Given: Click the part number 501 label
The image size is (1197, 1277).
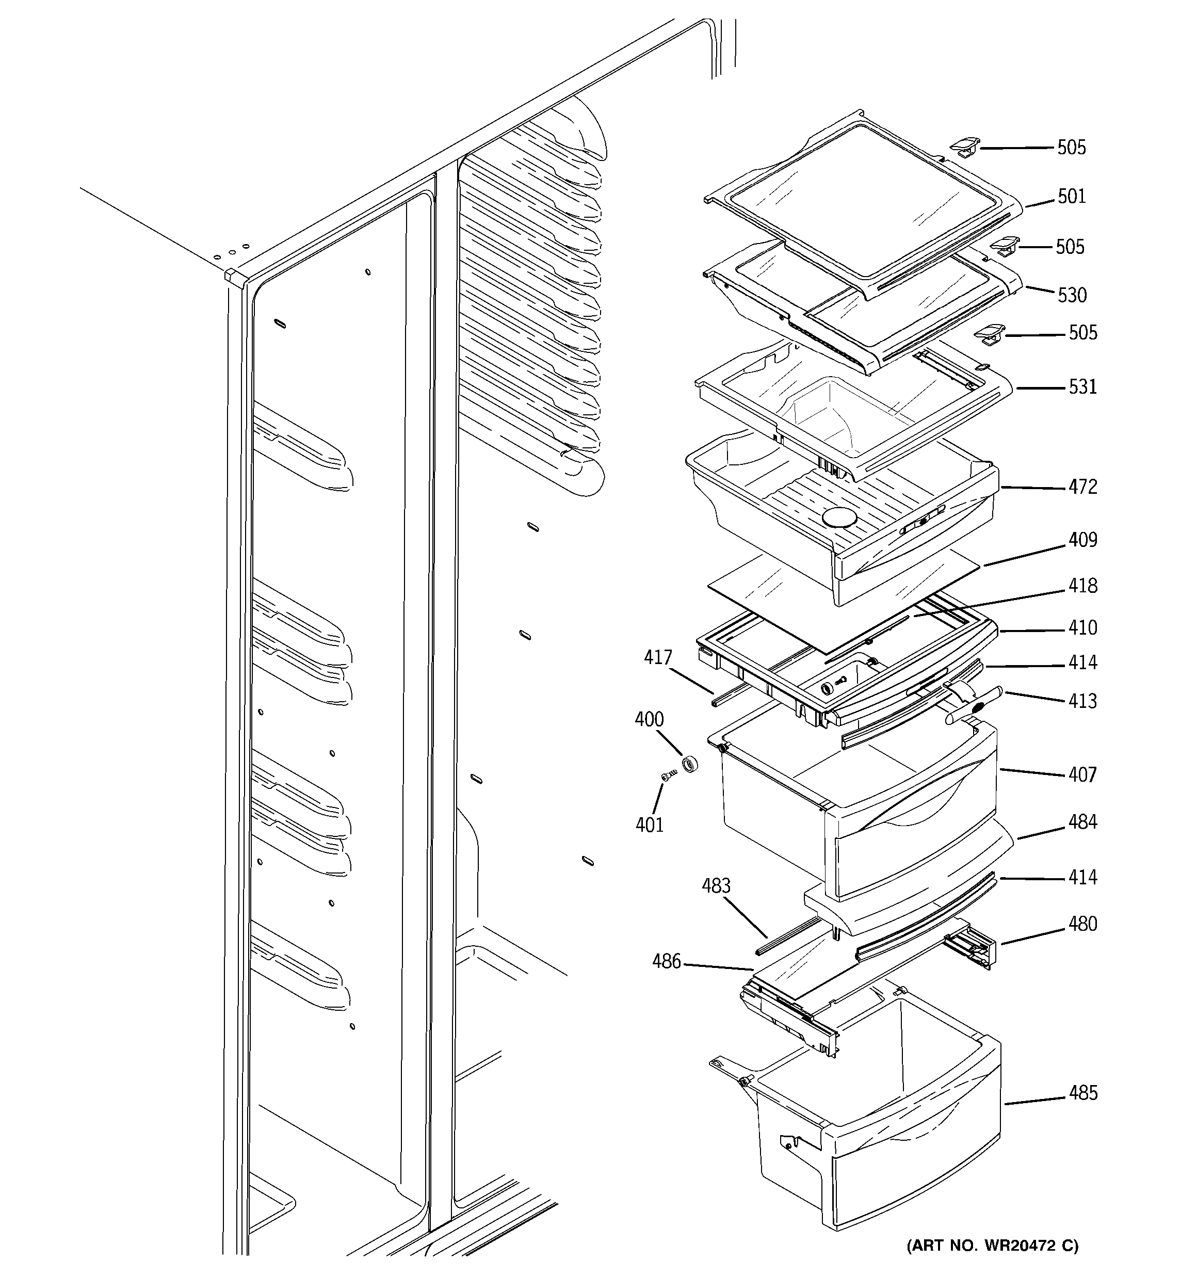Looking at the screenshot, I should tap(1072, 196).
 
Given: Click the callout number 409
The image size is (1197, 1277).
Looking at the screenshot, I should tap(1082, 540).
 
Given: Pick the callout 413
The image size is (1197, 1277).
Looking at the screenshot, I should tap(1082, 701).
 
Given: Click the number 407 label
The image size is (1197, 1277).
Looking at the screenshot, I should tap(1082, 774).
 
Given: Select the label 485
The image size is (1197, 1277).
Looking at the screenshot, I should tap(1082, 1093).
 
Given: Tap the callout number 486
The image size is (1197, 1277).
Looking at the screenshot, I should tap(666, 962).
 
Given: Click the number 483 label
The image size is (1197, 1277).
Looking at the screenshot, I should tap(716, 886).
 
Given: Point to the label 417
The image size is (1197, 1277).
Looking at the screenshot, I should tap(658, 657).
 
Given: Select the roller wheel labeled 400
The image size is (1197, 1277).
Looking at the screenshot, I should tap(689, 765).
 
